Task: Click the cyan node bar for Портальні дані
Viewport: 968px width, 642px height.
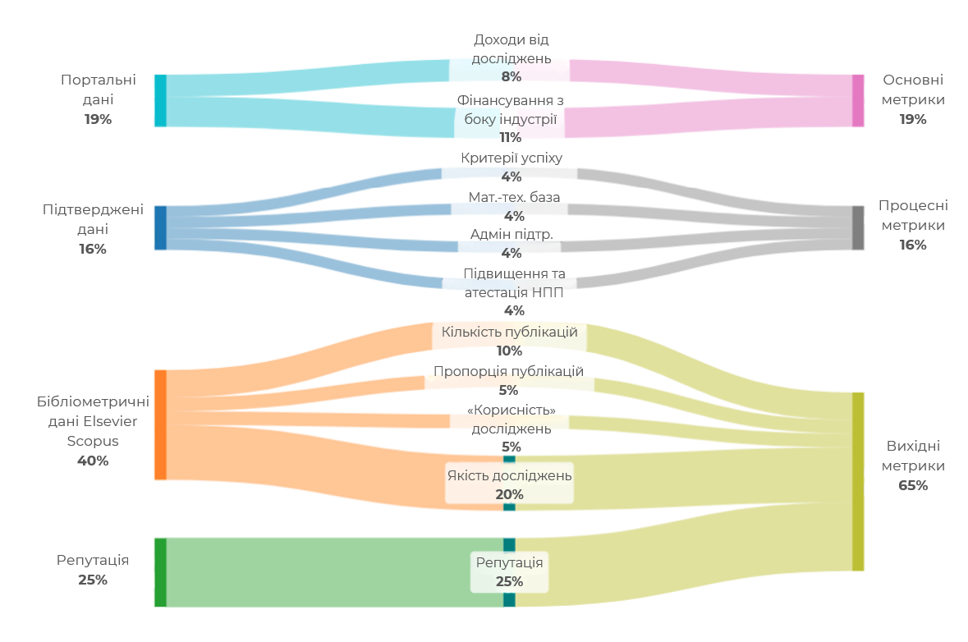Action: (x=160, y=101)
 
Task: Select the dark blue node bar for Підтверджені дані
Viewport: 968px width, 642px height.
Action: (x=160, y=227)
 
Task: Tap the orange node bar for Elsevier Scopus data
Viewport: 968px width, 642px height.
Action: (x=160, y=424)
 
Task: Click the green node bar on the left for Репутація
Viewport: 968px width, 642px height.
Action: (x=160, y=572)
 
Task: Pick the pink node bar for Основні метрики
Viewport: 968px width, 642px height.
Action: (x=858, y=101)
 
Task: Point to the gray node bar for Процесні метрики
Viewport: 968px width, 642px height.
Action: (x=858, y=227)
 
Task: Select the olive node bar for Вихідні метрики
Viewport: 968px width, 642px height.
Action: (x=858, y=481)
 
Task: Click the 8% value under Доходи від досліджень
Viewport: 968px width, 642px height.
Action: (x=512, y=76)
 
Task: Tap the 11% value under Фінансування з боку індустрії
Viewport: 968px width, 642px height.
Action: (x=511, y=137)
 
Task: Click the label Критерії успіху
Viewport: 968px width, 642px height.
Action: (x=512, y=158)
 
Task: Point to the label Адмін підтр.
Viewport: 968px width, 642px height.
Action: (x=512, y=234)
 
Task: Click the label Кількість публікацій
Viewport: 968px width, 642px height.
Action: (x=510, y=332)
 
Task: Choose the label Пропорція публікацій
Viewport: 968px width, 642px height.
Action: (x=508, y=371)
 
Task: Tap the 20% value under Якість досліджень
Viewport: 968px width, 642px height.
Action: (x=509, y=494)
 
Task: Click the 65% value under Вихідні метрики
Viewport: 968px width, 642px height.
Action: (x=913, y=485)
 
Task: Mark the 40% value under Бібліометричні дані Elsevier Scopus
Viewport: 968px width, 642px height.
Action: (x=93, y=461)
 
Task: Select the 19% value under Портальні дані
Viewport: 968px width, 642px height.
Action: (x=98, y=119)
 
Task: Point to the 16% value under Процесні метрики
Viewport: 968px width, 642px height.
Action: (x=912, y=245)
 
